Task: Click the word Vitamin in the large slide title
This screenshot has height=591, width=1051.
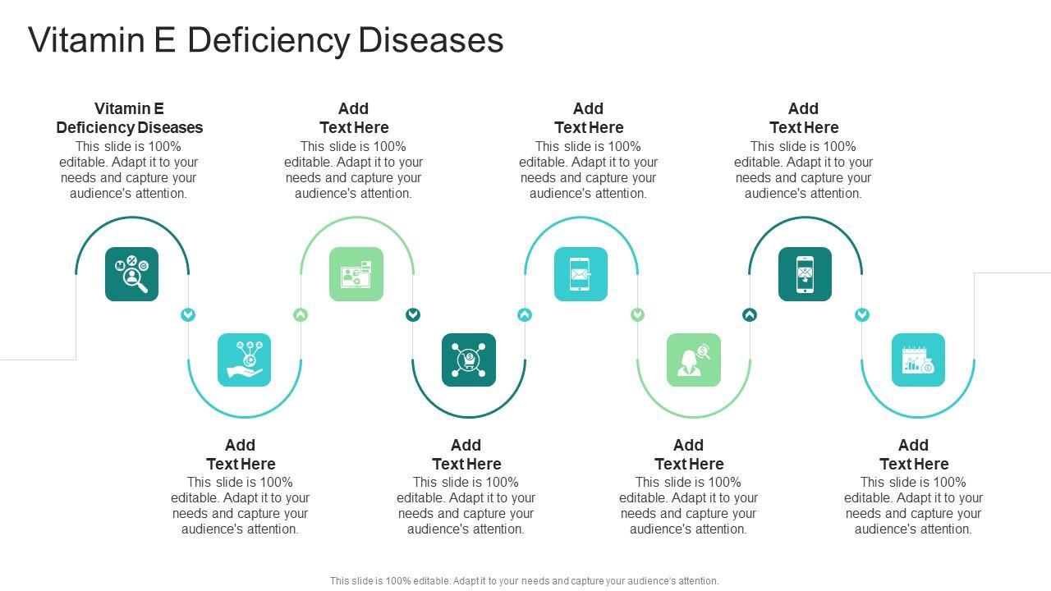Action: point(79,40)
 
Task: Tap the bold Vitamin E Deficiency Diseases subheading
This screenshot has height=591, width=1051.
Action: point(130,118)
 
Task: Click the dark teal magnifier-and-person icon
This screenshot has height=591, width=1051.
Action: point(131,274)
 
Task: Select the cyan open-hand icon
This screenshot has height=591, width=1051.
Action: point(244,360)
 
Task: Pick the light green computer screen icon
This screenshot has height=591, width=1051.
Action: point(356,274)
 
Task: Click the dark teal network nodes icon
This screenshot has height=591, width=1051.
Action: point(469,360)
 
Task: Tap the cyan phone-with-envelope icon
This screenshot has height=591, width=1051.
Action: point(581,274)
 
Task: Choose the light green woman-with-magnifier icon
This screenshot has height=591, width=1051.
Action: point(693,360)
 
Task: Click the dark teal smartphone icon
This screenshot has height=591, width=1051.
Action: point(805,274)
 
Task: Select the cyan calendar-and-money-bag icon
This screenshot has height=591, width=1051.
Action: point(918,360)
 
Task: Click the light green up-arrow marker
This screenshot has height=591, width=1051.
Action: point(301,314)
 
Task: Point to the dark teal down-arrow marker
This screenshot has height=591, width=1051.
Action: point(413,314)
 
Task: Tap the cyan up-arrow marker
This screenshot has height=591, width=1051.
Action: point(525,314)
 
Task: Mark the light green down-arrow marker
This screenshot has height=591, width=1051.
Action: point(637,314)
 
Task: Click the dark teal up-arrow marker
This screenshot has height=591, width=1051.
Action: point(750,314)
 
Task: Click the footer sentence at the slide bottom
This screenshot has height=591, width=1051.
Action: point(524,580)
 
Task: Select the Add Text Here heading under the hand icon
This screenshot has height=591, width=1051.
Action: point(241,454)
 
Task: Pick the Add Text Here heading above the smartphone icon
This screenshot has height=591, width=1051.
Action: point(804,118)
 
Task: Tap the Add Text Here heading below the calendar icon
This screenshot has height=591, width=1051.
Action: point(914,454)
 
